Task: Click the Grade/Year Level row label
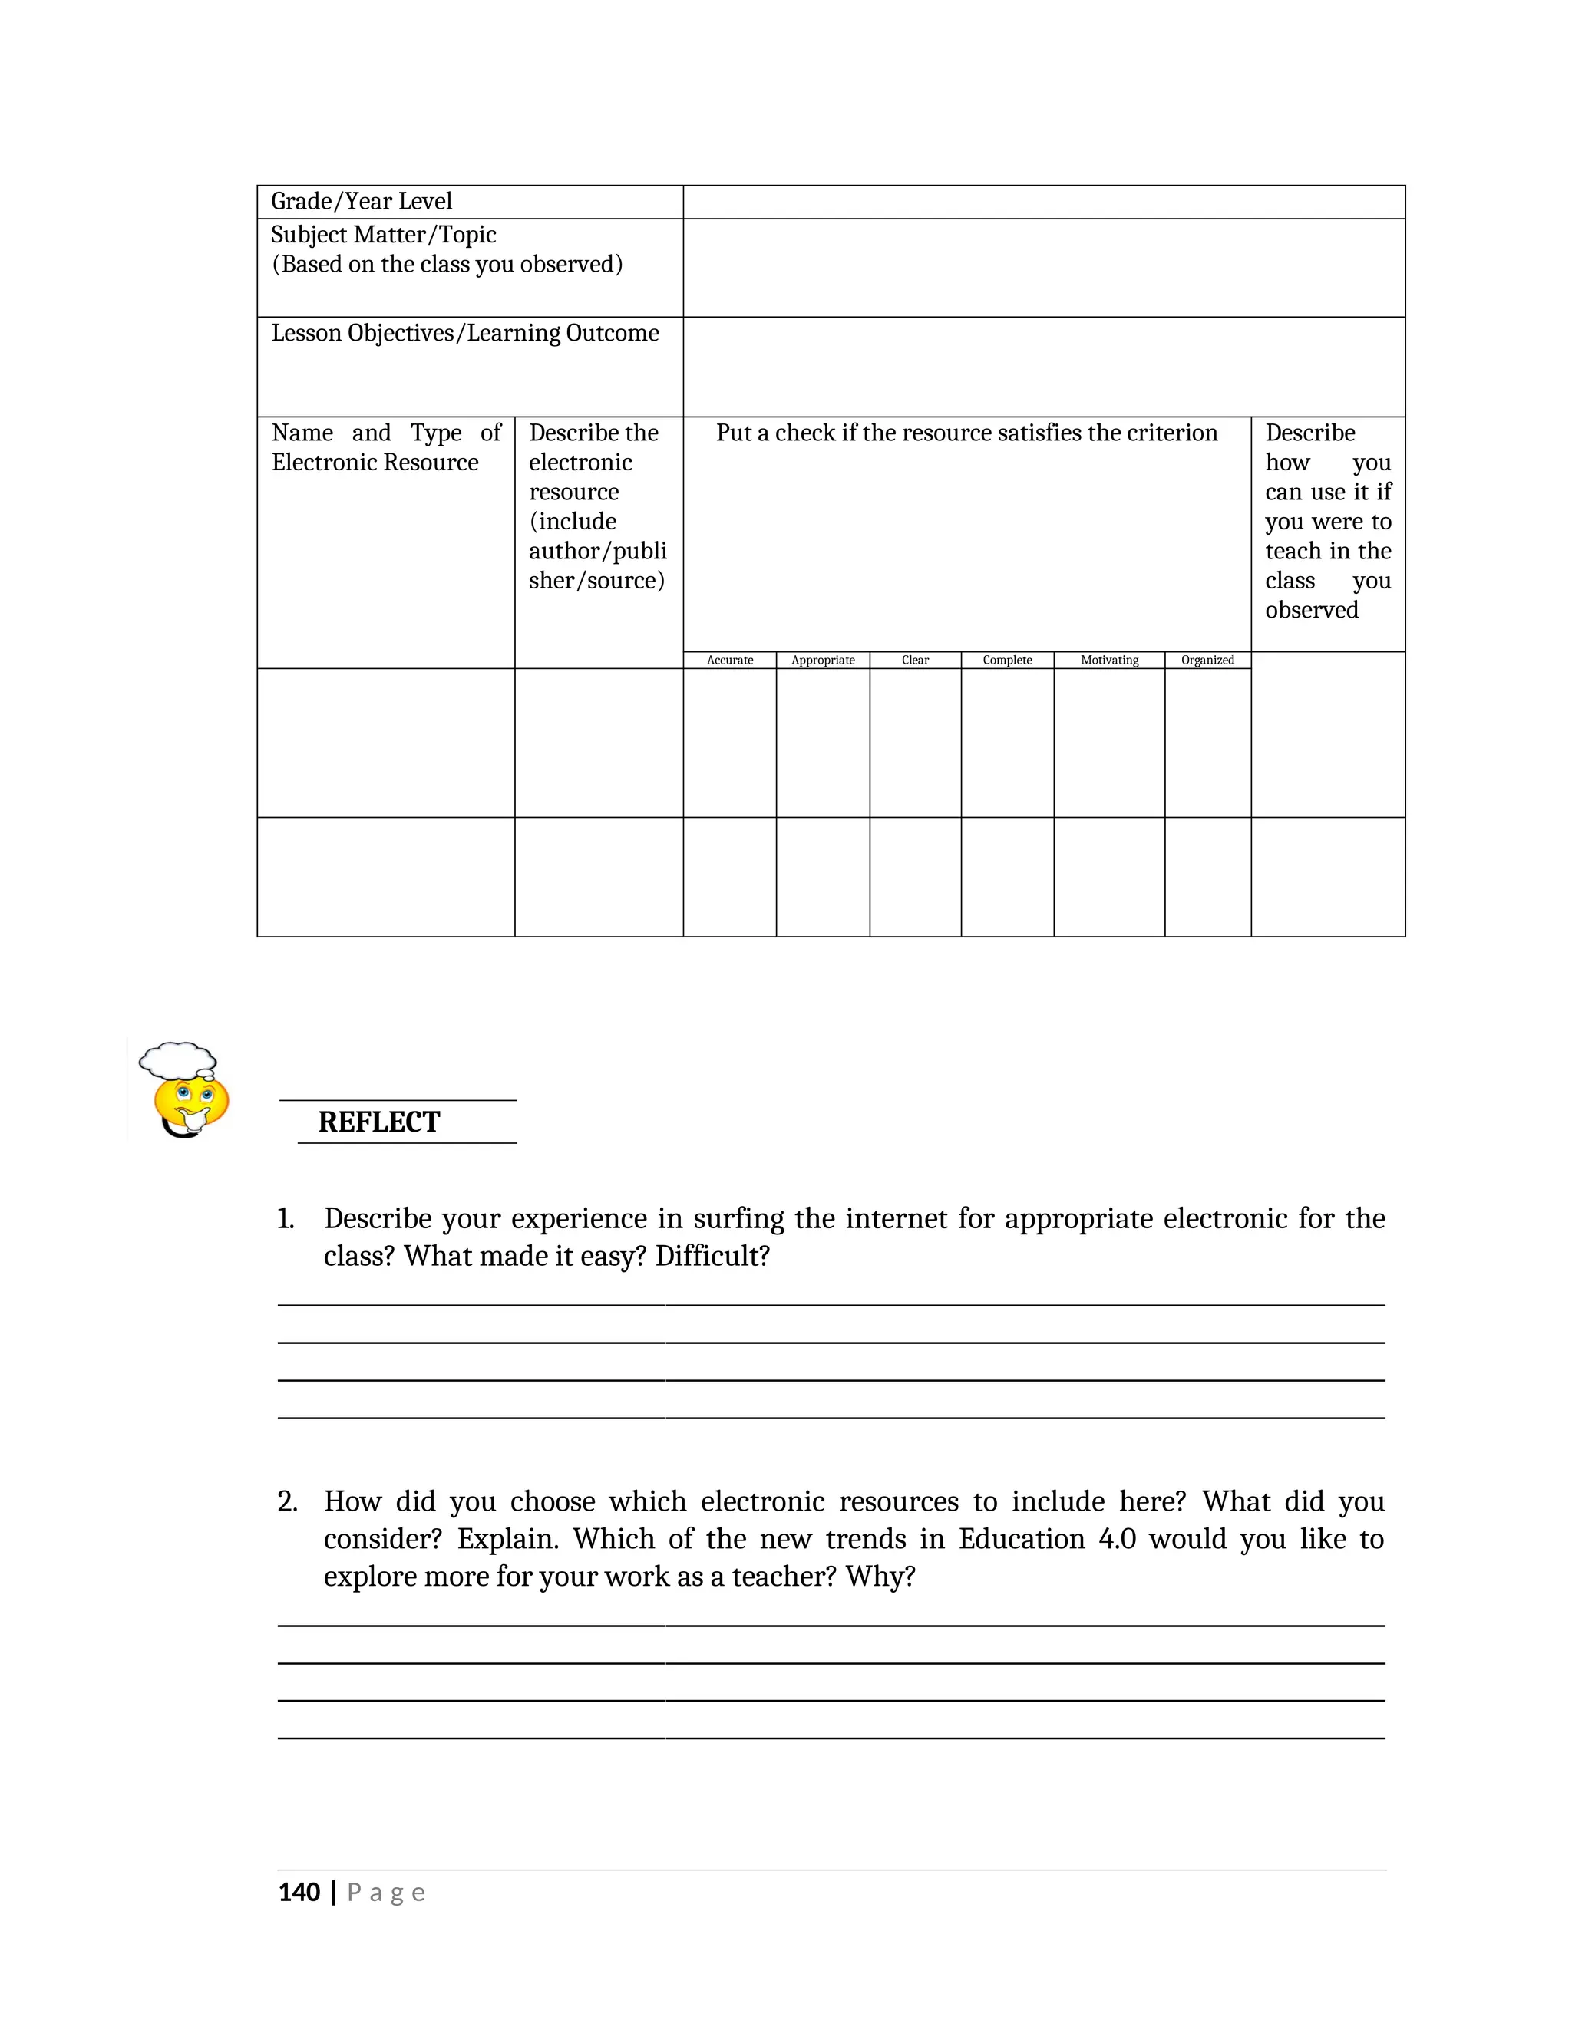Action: (362, 201)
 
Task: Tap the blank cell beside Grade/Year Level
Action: (1043, 202)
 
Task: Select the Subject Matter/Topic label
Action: (383, 235)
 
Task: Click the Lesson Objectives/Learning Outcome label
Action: (464, 333)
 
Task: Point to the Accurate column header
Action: (729, 660)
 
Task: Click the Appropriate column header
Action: (822, 660)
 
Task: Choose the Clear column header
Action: (914, 660)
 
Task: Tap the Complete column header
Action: (1007, 660)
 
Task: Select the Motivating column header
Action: (1109, 660)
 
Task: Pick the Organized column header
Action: (1207, 660)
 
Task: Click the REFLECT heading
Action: (378, 1122)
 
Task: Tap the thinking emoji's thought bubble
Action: (178, 1060)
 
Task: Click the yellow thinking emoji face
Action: (191, 1102)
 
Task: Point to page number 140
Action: (299, 1893)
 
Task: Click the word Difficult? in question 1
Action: (712, 1257)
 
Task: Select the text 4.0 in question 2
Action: (1117, 1539)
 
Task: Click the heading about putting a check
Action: (966, 433)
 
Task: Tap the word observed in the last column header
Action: (1310, 610)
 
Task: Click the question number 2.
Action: (287, 1501)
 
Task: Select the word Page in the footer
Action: (385, 1893)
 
